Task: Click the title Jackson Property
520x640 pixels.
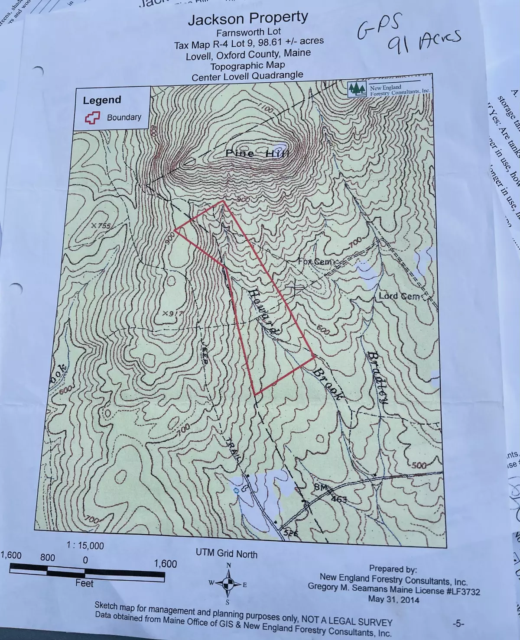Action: click(x=248, y=18)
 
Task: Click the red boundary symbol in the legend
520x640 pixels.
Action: click(x=92, y=117)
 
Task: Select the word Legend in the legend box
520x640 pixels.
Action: click(x=102, y=100)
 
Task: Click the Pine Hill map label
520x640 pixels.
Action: click(x=257, y=154)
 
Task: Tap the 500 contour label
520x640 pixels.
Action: click(x=419, y=465)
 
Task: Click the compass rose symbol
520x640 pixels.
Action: click(x=228, y=583)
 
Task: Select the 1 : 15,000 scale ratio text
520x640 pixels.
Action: click(x=85, y=546)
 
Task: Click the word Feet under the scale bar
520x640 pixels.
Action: click(x=84, y=583)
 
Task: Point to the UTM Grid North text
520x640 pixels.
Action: click(x=226, y=553)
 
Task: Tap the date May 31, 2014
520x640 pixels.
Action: click(x=393, y=599)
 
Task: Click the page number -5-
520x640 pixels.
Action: click(x=458, y=624)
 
